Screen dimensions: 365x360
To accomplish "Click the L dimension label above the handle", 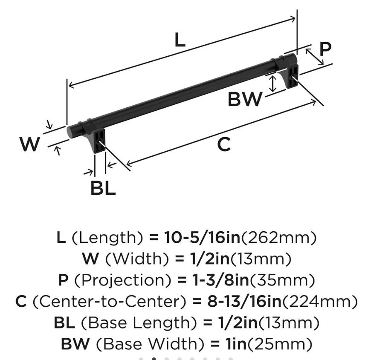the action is pos(180,40).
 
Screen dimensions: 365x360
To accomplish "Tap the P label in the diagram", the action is pos(325,49).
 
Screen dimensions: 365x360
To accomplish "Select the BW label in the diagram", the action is pos(245,99).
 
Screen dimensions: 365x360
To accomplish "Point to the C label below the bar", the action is pos(224,144).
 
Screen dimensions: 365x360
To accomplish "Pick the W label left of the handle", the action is pos(29,144).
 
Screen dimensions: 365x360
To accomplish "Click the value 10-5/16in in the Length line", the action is pos(202,238).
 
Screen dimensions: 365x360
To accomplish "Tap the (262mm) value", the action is pos(279,238).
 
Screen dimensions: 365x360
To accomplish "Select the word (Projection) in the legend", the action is pos(123,280).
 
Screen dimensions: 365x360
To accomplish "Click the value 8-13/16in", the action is pos(244,301).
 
